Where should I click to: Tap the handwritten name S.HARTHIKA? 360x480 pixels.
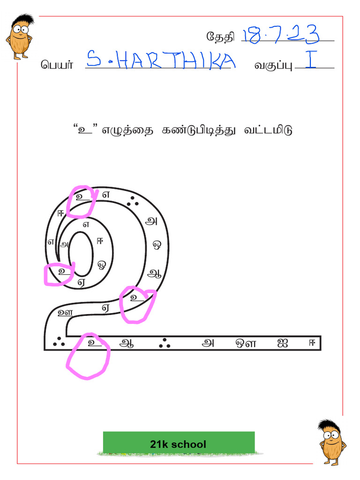[161, 60]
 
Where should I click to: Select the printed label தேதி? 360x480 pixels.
[220, 36]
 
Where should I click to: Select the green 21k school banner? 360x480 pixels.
[179, 443]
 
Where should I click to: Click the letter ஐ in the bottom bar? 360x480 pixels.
[282, 343]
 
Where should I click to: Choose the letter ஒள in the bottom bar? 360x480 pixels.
[246, 343]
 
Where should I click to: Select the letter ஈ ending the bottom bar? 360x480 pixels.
[311, 343]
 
